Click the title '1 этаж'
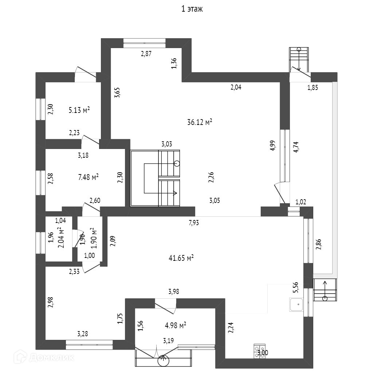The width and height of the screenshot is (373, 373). tap(192, 9)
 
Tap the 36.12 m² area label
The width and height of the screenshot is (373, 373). tap(200, 123)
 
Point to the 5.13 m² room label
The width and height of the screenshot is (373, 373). tap(79, 110)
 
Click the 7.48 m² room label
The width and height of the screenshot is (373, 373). tap(89, 177)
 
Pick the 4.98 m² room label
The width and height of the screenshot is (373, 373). tap(176, 325)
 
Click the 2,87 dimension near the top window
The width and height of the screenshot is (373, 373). tap(146, 54)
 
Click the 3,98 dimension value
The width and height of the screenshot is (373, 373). tap(173, 291)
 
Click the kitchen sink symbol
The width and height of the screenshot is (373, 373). tap(297, 305)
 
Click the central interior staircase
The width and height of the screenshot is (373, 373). tap(156, 178)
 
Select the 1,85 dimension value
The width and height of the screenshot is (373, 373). tap(313, 87)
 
